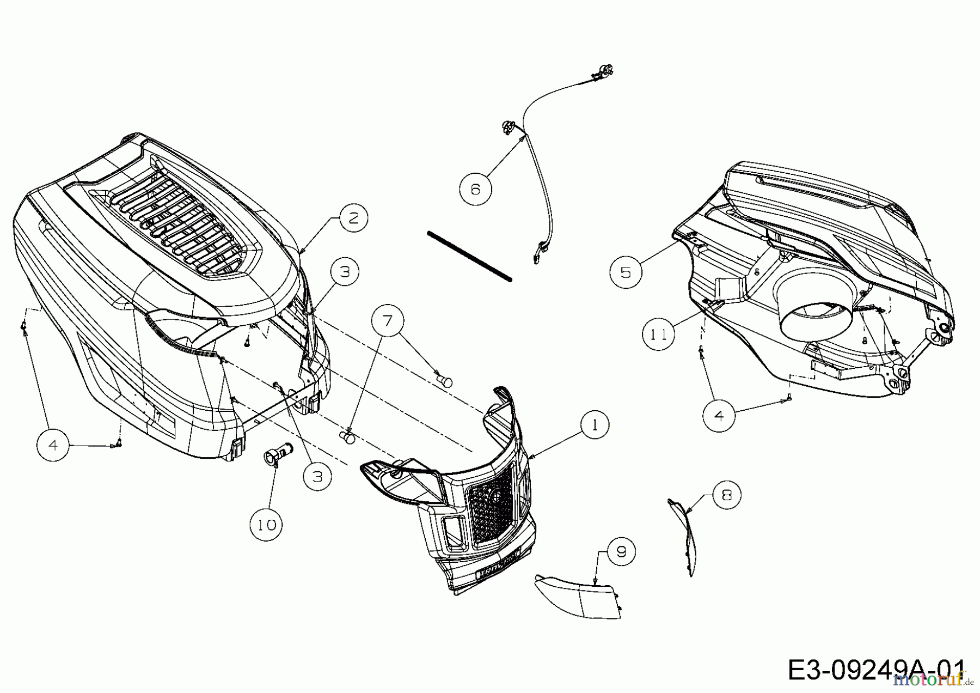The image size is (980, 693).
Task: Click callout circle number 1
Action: [x=594, y=425]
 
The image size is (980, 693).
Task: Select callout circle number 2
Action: [x=353, y=218]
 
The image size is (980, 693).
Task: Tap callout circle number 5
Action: [x=625, y=272]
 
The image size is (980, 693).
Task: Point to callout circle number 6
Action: [x=475, y=189]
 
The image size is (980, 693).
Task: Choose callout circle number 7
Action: [x=387, y=321]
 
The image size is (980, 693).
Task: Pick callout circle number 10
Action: [x=267, y=525]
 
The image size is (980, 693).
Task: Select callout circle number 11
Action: [x=659, y=334]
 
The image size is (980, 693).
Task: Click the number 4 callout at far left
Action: [x=53, y=445]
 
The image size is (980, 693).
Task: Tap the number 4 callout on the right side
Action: [x=719, y=416]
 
